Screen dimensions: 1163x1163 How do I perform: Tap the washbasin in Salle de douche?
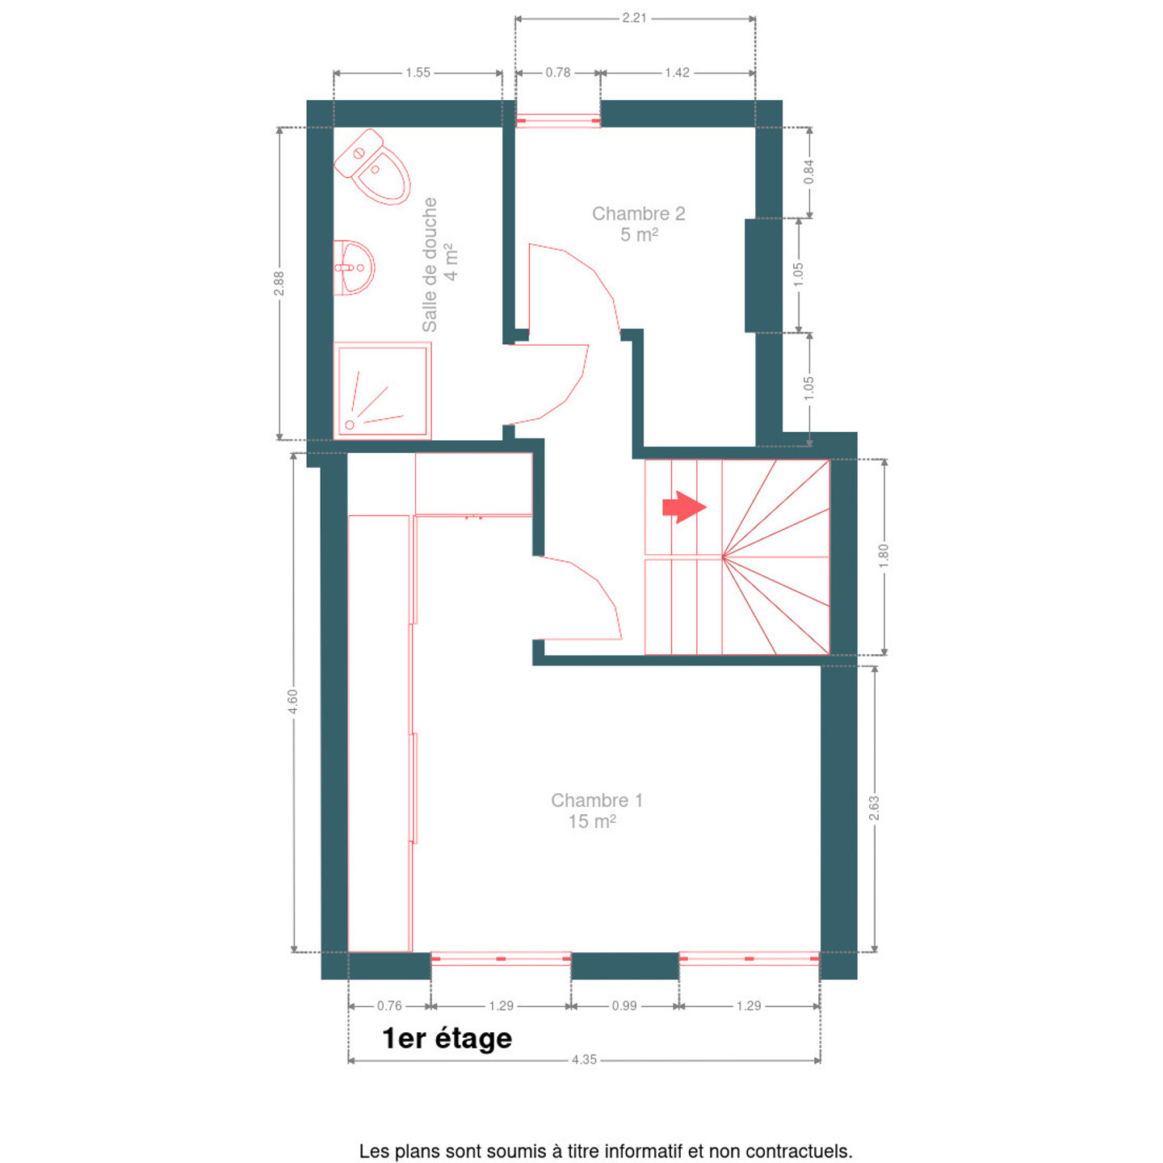pos(354,267)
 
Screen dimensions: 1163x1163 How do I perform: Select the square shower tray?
pos(382,390)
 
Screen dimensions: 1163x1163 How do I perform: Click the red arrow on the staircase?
pos(684,507)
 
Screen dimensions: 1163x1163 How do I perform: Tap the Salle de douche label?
pos(429,264)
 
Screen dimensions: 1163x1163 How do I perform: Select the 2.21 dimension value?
pos(634,18)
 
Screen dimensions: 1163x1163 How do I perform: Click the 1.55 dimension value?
pos(418,73)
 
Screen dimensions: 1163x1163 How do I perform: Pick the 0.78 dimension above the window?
pos(557,73)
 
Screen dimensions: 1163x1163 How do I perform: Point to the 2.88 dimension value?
pos(279,283)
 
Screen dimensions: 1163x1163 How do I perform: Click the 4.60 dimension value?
pos(292,702)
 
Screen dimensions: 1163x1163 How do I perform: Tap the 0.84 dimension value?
pos(808,172)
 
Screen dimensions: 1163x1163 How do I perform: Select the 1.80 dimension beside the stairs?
pos(884,556)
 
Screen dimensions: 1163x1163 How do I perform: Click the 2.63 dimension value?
pos(874,808)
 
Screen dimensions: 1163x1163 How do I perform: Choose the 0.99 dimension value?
pos(624,1006)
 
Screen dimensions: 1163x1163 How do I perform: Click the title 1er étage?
pos(447,1039)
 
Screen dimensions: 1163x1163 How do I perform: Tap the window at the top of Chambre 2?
pos(557,121)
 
